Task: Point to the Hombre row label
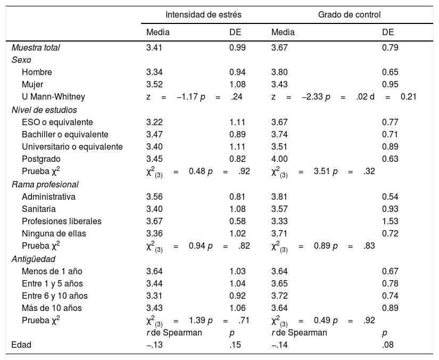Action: (37, 72)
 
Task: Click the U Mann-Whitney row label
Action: (53, 97)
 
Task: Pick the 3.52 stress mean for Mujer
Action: (155, 85)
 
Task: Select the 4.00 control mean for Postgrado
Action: (280, 159)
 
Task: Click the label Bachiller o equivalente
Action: (65, 134)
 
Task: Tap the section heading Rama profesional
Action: (45, 184)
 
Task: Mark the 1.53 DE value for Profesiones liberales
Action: (391, 221)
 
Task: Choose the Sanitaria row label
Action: (39, 209)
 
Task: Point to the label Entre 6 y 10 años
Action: (55, 296)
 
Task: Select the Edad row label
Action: (21, 345)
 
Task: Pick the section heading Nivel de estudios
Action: (44, 110)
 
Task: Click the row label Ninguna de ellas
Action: (54, 233)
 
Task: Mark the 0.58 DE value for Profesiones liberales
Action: (238, 221)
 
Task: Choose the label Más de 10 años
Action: (52, 308)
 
